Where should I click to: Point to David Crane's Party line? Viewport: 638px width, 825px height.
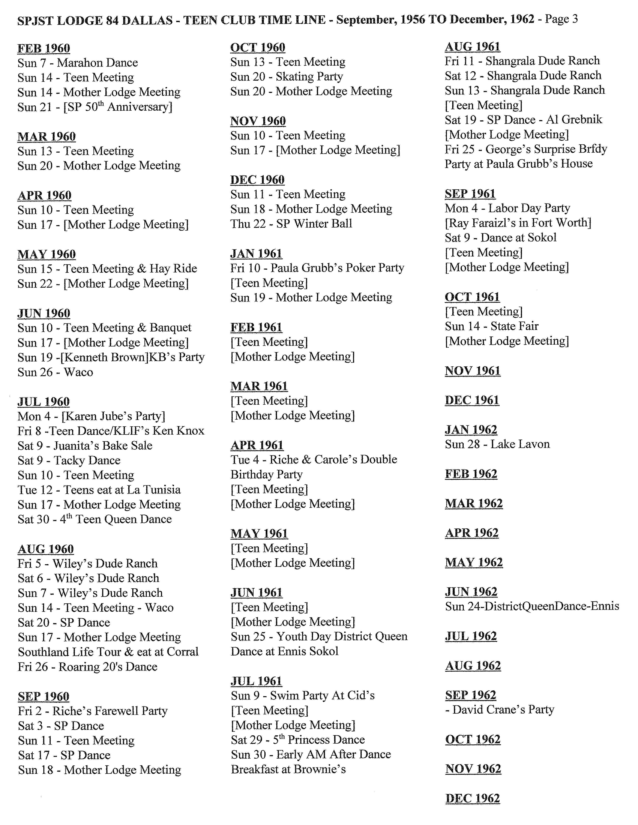click(503, 710)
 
